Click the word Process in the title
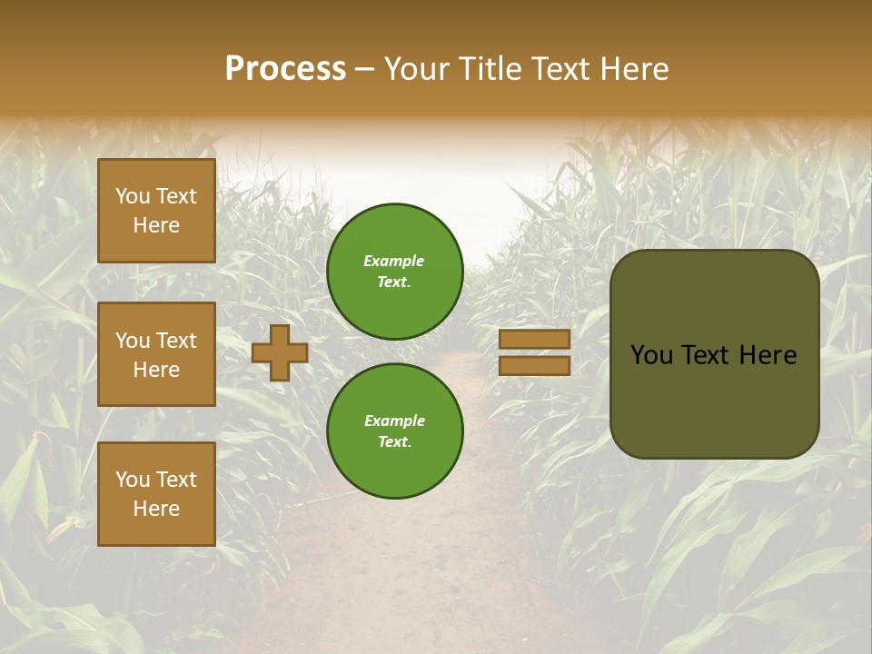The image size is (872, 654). [x=285, y=69]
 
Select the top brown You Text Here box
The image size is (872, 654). [x=156, y=211]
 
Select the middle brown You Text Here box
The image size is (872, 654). [x=156, y=354]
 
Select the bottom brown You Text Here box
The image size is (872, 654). [x=156, y=493]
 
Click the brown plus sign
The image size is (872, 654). [x=279, y=352]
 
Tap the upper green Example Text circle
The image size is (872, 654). [x=394, y=272]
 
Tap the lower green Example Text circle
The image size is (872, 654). [x=394, y=431]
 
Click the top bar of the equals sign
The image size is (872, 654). [x=534, y=339]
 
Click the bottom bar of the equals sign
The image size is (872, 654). [x=534, y=366]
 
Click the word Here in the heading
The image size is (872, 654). [x=633, y=69]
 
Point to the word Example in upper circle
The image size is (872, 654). [x=394, y=261]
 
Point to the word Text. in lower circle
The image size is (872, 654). [x=394, y=441]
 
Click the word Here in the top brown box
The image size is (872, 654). [x=156, y=225]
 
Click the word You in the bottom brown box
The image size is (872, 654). [x=132, y=479]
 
